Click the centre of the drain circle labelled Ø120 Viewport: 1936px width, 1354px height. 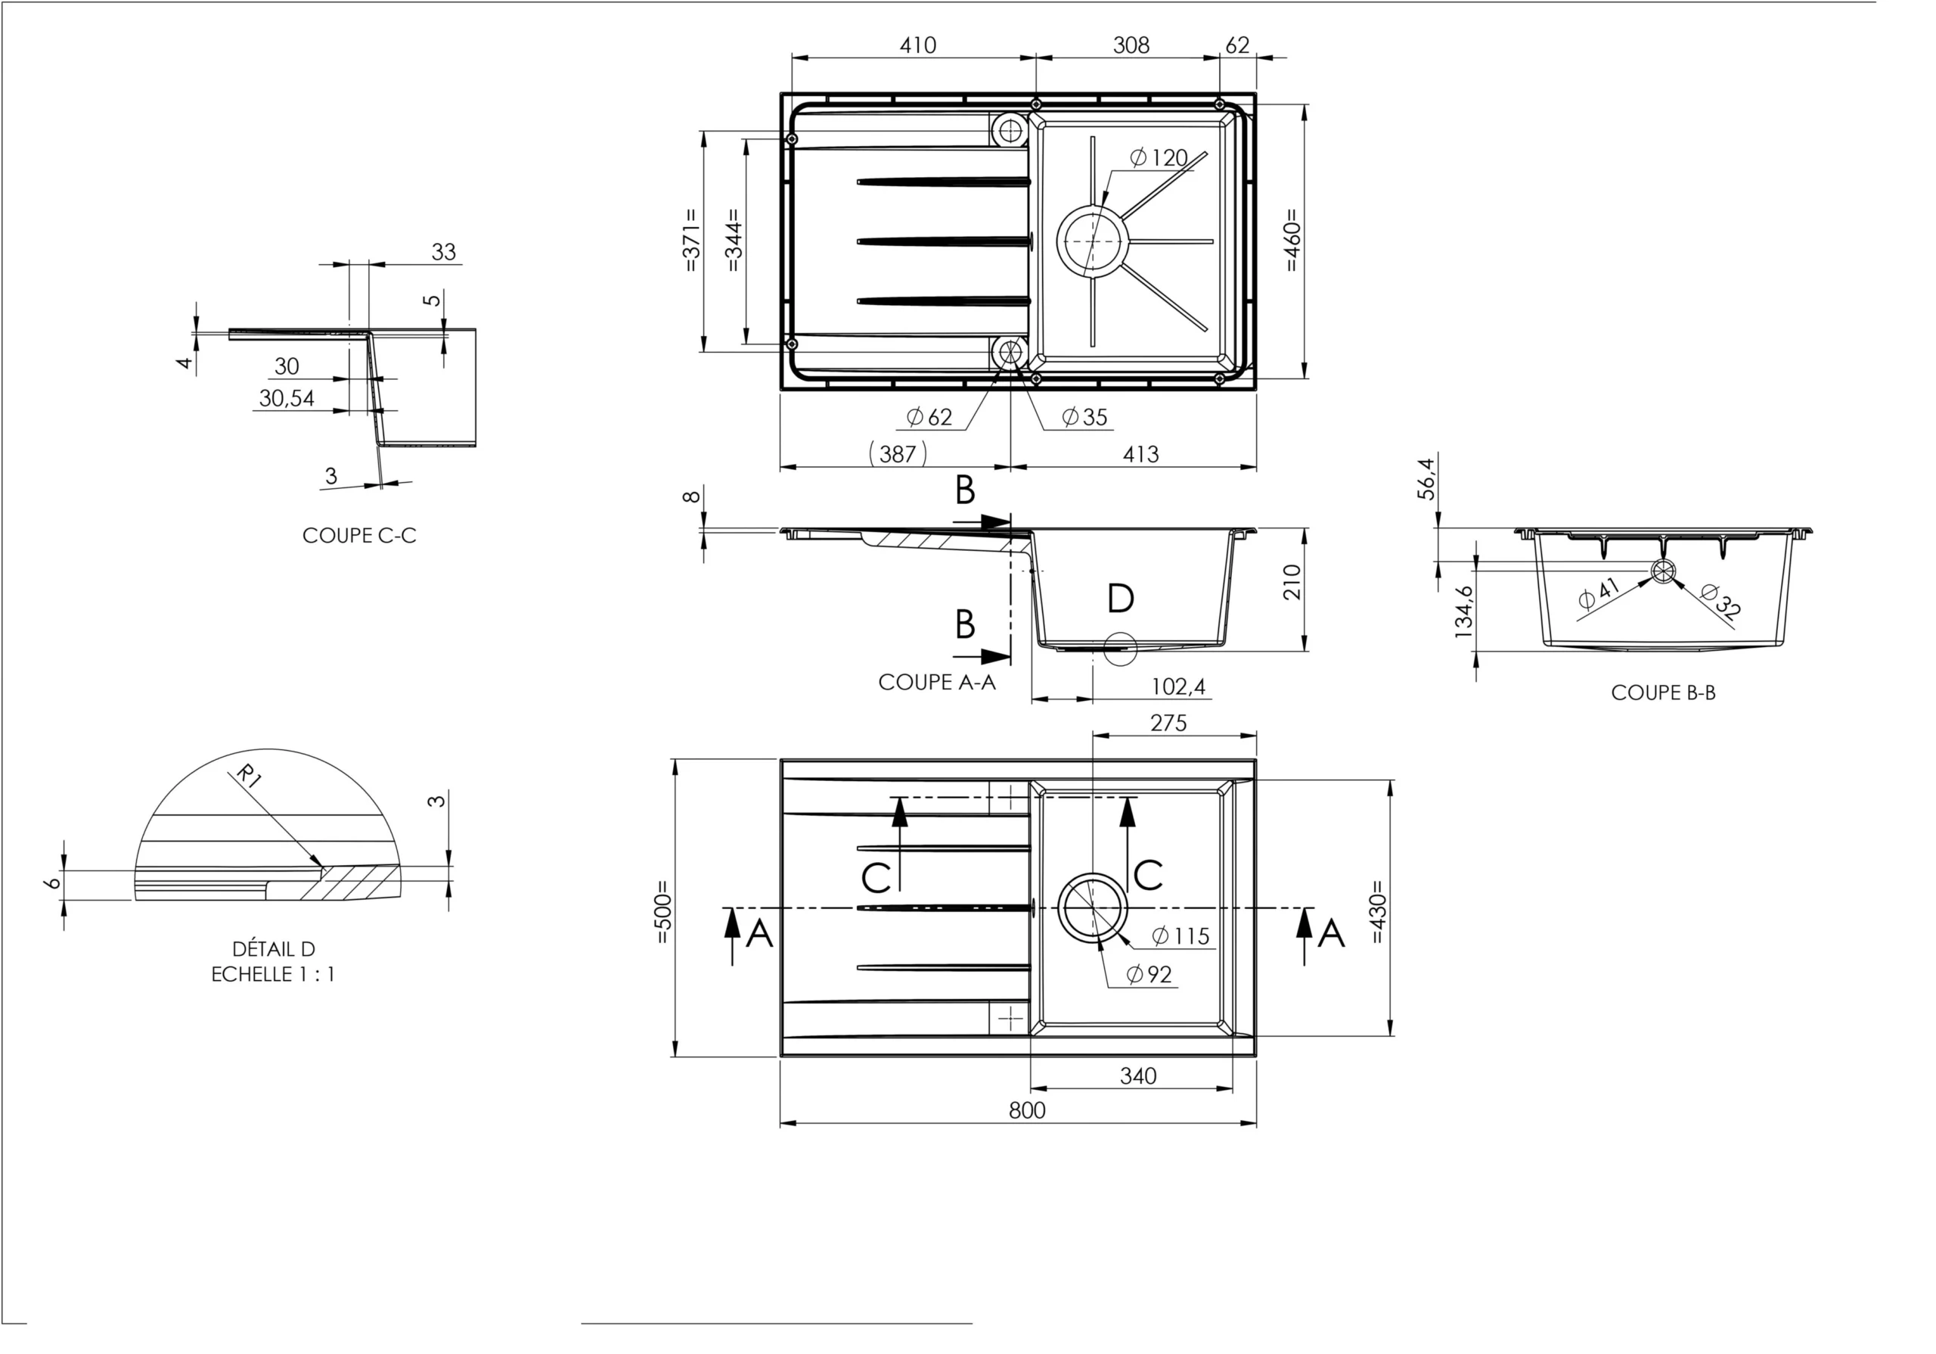coord(1092,241)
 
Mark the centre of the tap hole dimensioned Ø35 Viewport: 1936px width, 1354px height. coord(1010,352)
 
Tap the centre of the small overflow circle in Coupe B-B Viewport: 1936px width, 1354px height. coord(1662,571)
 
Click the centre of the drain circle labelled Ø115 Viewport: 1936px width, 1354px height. coord(1092,907)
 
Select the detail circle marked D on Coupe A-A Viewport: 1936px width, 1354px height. coord(1120,648)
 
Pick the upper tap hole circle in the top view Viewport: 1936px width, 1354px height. coord(1010,129)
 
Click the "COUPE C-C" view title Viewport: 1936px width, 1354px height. coord(359,536)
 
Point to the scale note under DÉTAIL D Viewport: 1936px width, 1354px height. coord(273,974)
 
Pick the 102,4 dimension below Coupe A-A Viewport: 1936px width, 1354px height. coord(1178,686)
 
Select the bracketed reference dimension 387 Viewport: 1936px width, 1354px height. coord(897,454)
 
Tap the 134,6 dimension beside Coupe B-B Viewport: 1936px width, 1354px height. coord(1464,612)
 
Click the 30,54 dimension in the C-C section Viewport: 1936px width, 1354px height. coord(287,398)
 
